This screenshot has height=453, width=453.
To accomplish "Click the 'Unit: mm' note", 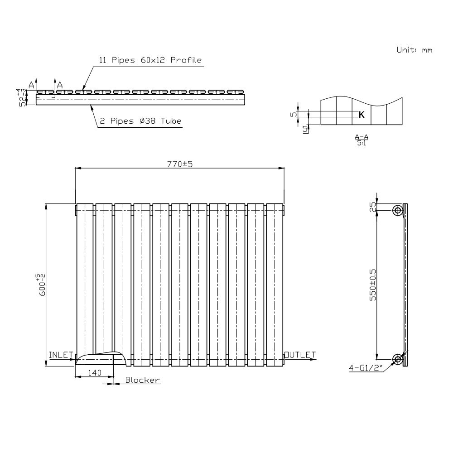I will coord(414,50).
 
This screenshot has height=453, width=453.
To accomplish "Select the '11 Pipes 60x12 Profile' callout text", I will coord(150,60).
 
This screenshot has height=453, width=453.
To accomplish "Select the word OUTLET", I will coord(300,354).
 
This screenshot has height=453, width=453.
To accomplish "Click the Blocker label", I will coord(143,381).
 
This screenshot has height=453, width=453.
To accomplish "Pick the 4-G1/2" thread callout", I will coord(365,368).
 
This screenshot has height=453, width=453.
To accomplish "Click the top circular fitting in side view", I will coord(398,210).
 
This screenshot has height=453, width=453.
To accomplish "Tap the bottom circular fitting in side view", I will coord(398,359).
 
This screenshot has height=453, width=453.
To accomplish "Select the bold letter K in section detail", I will coord(361,115).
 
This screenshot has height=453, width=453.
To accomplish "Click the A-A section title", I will coord(361,136).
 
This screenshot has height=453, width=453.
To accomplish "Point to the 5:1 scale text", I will coord(361,143).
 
